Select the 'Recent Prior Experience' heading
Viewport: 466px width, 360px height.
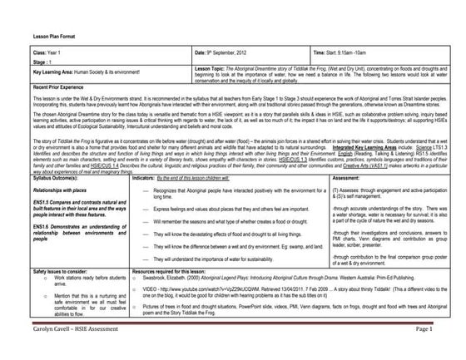pos(57,86)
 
